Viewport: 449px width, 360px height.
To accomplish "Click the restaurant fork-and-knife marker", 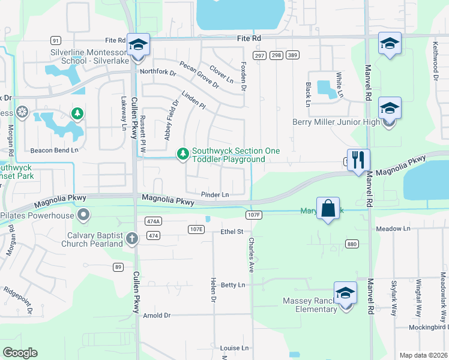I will coord(358,160).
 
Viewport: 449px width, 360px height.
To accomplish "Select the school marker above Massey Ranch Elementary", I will coord(345,293).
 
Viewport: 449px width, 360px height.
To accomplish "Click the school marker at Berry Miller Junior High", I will coord(390,109).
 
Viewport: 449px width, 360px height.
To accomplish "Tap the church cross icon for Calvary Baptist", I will coord(132,239).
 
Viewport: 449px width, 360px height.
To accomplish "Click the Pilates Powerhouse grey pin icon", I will coord(83,214).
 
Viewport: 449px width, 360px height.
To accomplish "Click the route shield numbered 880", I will coord(352,243).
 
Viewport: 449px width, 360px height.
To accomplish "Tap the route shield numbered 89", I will coord(118,267).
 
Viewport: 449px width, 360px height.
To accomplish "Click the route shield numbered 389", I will coord(292,55).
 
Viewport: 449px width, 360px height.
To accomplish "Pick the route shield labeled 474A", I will coord(152,221).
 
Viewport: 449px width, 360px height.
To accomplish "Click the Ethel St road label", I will coord(232,231).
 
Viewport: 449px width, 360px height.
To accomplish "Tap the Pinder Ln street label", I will coord(215,194).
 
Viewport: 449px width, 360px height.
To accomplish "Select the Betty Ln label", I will coord(234,284).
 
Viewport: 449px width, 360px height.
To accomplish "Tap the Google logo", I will coord(20,353).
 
